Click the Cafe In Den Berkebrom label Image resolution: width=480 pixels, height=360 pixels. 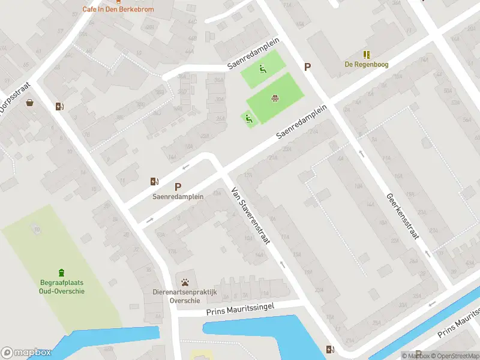118,10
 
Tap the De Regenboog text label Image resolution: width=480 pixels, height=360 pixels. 366,64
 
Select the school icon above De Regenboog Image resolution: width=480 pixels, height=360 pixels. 366,55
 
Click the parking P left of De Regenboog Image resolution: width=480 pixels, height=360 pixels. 308,67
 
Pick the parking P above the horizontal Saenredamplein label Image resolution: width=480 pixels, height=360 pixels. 178,187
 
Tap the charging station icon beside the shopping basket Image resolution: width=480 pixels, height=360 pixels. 59,106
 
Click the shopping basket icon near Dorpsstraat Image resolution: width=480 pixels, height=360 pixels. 30,103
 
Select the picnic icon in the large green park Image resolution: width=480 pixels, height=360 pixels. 275,98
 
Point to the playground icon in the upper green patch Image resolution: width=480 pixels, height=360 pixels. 263,69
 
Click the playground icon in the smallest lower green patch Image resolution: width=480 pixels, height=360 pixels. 249,119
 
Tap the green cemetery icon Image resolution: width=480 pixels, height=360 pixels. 61,273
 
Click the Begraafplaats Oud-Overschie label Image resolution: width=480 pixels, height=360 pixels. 59,287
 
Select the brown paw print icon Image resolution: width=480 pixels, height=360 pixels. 185,281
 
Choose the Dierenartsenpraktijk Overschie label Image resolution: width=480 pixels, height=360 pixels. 184,296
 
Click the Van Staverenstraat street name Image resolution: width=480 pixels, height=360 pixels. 251,217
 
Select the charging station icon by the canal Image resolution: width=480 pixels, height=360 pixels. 330,349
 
